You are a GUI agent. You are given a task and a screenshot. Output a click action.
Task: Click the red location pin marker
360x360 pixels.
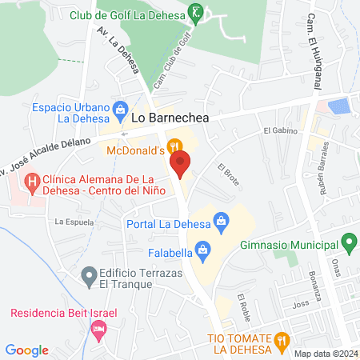(x=180, y=166)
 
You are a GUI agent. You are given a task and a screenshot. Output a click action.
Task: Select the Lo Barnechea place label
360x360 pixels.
(x=170, y=118)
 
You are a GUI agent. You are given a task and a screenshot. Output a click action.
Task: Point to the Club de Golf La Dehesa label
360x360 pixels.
(x=138, y=14)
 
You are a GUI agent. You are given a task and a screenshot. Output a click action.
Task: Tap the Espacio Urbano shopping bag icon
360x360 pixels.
(x=120, y=108)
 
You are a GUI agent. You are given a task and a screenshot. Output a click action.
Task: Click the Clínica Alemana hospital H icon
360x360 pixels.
(x=32, y=182)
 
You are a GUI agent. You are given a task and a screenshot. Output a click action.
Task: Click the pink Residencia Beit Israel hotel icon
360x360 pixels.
(x=98, y=328)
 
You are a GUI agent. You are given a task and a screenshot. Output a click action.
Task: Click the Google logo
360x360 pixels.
(x=26, y=350)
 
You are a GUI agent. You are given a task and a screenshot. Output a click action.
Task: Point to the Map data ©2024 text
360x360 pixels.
(x=325, y=354)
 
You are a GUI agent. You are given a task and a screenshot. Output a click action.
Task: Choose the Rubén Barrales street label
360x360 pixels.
(x=326, y=162)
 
